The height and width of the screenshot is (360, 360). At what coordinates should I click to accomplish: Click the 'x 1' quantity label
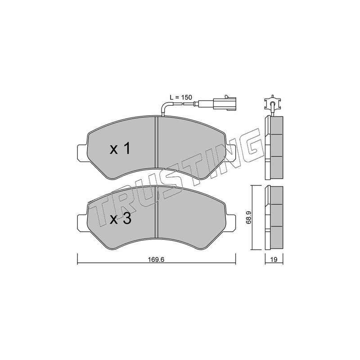pos(120,148)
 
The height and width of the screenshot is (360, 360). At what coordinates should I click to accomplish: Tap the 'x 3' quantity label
pos(120,219)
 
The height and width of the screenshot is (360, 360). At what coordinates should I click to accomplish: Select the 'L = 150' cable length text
pos(181,97)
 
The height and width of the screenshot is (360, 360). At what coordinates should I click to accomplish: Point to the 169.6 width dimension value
pos(156,260)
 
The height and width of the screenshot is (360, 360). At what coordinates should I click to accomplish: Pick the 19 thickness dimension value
pos(274,260)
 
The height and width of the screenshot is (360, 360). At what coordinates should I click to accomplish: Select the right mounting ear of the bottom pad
pos(230,222)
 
